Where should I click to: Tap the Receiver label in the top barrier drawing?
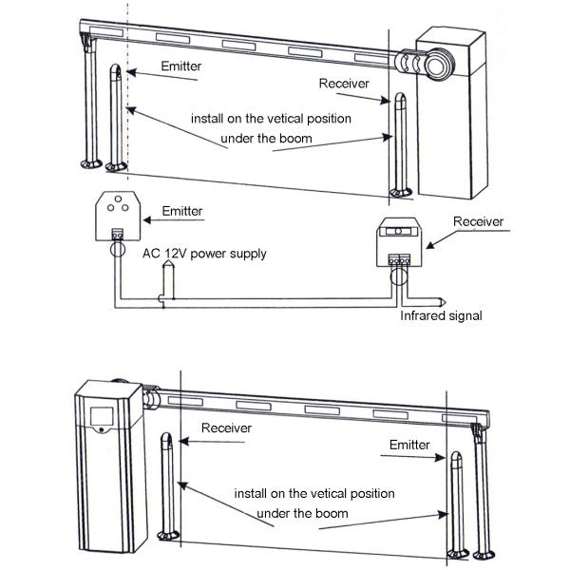click(343, 84)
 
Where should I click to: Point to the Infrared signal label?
click(441, 314)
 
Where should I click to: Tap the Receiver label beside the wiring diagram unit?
click(477, 221)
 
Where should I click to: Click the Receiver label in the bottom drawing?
click(226, 428)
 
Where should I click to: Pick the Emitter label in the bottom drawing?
click(409, 444)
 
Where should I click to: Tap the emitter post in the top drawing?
click(117, 119)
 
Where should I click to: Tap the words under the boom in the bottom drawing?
click(296, 513)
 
